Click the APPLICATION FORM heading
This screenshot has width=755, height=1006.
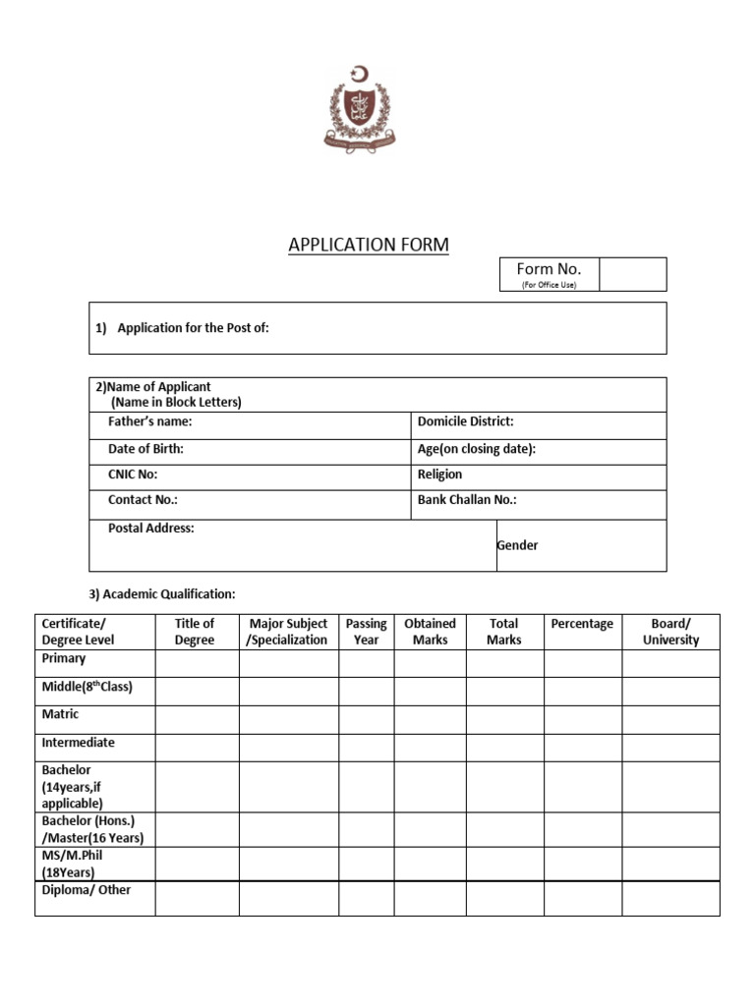coord(369,246)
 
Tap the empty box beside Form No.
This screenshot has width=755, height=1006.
coord(632,274)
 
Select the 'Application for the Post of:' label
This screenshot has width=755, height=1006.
coord(193,328)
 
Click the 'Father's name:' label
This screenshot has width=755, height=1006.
coord(149,421)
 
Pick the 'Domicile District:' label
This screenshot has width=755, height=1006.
coord(465,421)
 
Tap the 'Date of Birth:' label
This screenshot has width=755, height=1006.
coord(145,449)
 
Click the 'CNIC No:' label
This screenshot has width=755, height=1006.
coord(133,475)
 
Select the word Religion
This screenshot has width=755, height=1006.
coord(439,475)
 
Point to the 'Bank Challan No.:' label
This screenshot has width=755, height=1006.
coord(467,500)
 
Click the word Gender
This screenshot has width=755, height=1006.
coord(517,545)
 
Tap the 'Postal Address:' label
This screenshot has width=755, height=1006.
coord(150,529)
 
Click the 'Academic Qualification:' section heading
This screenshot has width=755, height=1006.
coord(162,594)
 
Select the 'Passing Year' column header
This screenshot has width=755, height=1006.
coord(366,632)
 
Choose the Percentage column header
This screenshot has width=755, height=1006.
coord(582,624)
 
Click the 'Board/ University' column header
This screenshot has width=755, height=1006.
coord(670,632)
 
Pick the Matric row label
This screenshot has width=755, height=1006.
coord(60,714)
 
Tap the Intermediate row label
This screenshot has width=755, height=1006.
coord(78,743)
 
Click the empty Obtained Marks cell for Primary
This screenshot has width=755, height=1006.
coord(430,663)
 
